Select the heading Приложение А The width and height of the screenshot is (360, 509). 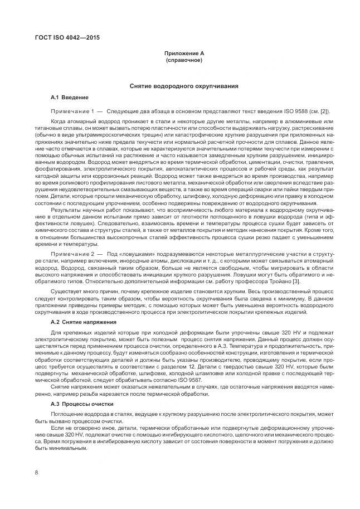(183, 53)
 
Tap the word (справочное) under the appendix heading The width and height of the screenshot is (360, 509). (183, 60)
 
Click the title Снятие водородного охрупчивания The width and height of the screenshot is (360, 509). (183, 86)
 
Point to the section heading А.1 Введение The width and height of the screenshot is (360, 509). (70, 98)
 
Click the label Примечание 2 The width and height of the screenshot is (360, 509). (72, 254)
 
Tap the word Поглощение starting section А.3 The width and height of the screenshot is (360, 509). (67, 414)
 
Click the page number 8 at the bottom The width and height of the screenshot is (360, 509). (36, 473)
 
